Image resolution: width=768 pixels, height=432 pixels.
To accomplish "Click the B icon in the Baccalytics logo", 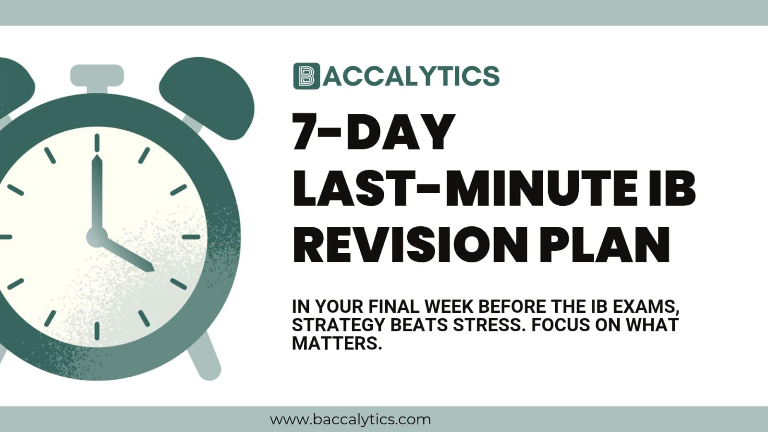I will pyautogui.click(x=306, y=76).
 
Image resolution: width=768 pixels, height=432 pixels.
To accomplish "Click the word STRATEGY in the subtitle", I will pyautogui.click(x=339, y=325).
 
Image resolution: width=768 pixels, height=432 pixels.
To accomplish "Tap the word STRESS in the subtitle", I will pyautogui.click(x=487, y=325).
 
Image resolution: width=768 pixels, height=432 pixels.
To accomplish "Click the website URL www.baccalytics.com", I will pyautogui.click(x=350, y=420).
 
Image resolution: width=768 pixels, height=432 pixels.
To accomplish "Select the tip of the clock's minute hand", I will pyautogui.click(x=97, y=157).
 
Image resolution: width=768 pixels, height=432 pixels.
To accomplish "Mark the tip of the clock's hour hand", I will pyautogui.click(x=153, y=270).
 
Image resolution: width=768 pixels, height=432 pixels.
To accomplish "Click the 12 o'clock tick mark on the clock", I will pyautogui.click(x=97, y=143).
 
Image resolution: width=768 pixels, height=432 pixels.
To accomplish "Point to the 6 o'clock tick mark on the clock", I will pyautogui.click(x=97, y=331).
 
